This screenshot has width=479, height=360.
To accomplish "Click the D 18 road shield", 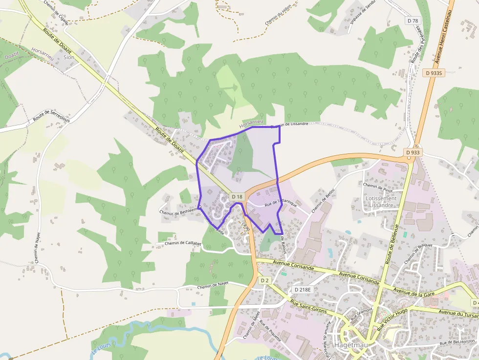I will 237,196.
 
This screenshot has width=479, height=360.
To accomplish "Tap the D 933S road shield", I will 434,73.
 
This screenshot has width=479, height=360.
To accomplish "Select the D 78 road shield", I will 413,21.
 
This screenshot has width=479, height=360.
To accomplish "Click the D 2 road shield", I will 264,280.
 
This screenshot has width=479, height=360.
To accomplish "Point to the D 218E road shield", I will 303,290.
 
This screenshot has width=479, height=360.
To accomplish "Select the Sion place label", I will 69,57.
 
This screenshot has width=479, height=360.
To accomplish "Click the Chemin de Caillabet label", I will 183,243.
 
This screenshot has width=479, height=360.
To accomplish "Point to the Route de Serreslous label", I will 51,116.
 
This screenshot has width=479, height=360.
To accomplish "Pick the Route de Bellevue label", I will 392,244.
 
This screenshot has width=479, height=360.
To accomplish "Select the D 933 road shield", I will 413,152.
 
